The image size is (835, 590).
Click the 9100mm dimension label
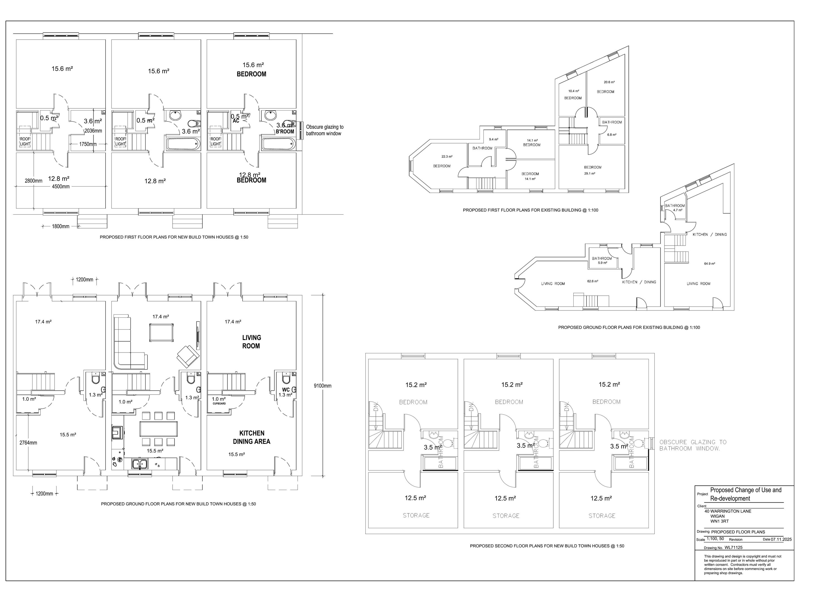pos(322,386)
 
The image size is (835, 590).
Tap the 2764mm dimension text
pos(28,443)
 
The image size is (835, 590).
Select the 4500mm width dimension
pos(60,187)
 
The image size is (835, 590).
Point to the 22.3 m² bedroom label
pos(447,157)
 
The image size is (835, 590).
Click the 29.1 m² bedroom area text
pos(589,173)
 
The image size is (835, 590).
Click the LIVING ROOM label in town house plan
pos(251,342)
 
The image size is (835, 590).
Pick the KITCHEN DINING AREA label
pos(251,437)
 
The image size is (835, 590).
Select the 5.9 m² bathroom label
pos(602,263)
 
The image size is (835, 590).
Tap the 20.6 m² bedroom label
pos(609,82)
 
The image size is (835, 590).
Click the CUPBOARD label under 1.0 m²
pos(219,404)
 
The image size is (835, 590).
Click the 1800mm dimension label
pos(60,226)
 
